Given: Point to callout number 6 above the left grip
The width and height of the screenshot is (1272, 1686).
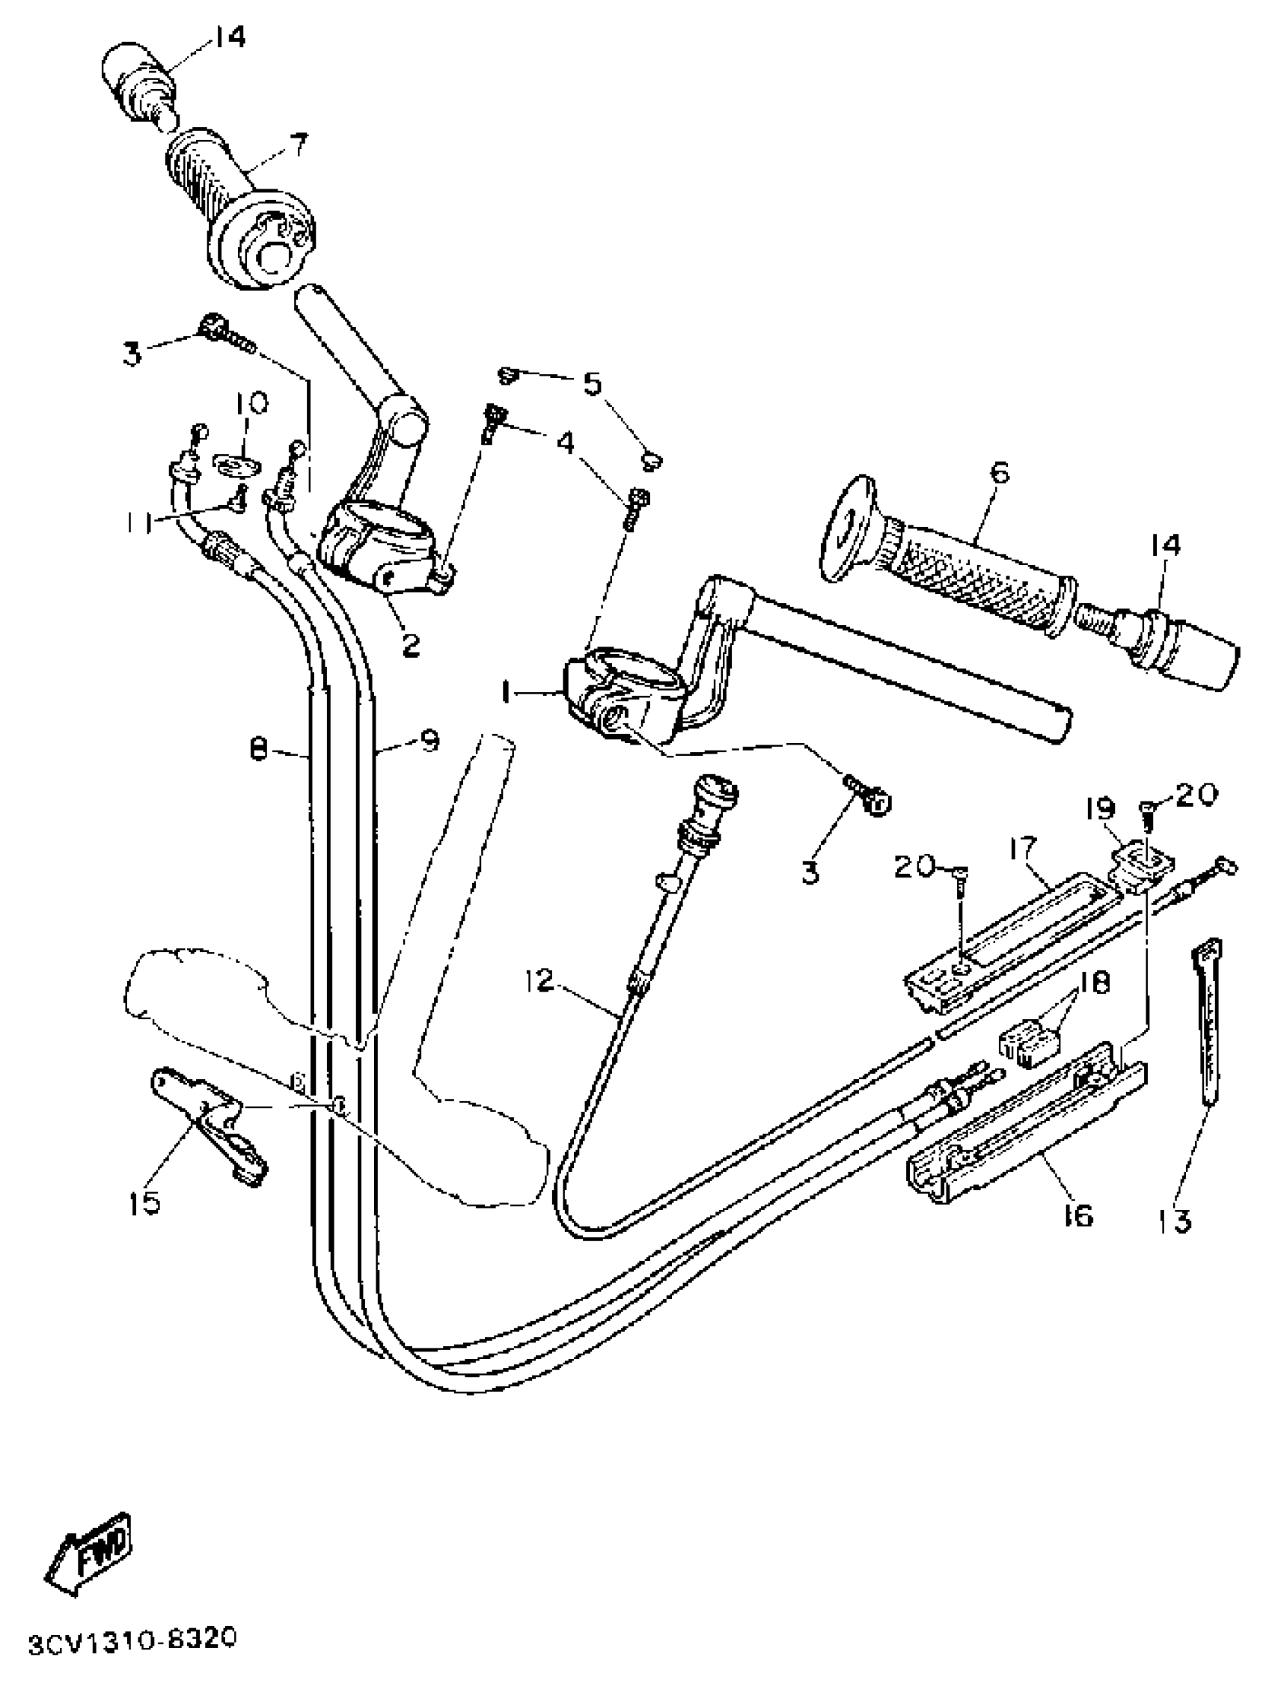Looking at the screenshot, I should (x=999, y=474).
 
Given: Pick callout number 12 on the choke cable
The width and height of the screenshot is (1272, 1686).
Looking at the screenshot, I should (x=539, y=982).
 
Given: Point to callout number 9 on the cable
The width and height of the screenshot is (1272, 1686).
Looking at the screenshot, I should (x=429, y=739).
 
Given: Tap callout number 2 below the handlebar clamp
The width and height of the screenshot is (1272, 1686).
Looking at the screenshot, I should (x=410, y=647).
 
